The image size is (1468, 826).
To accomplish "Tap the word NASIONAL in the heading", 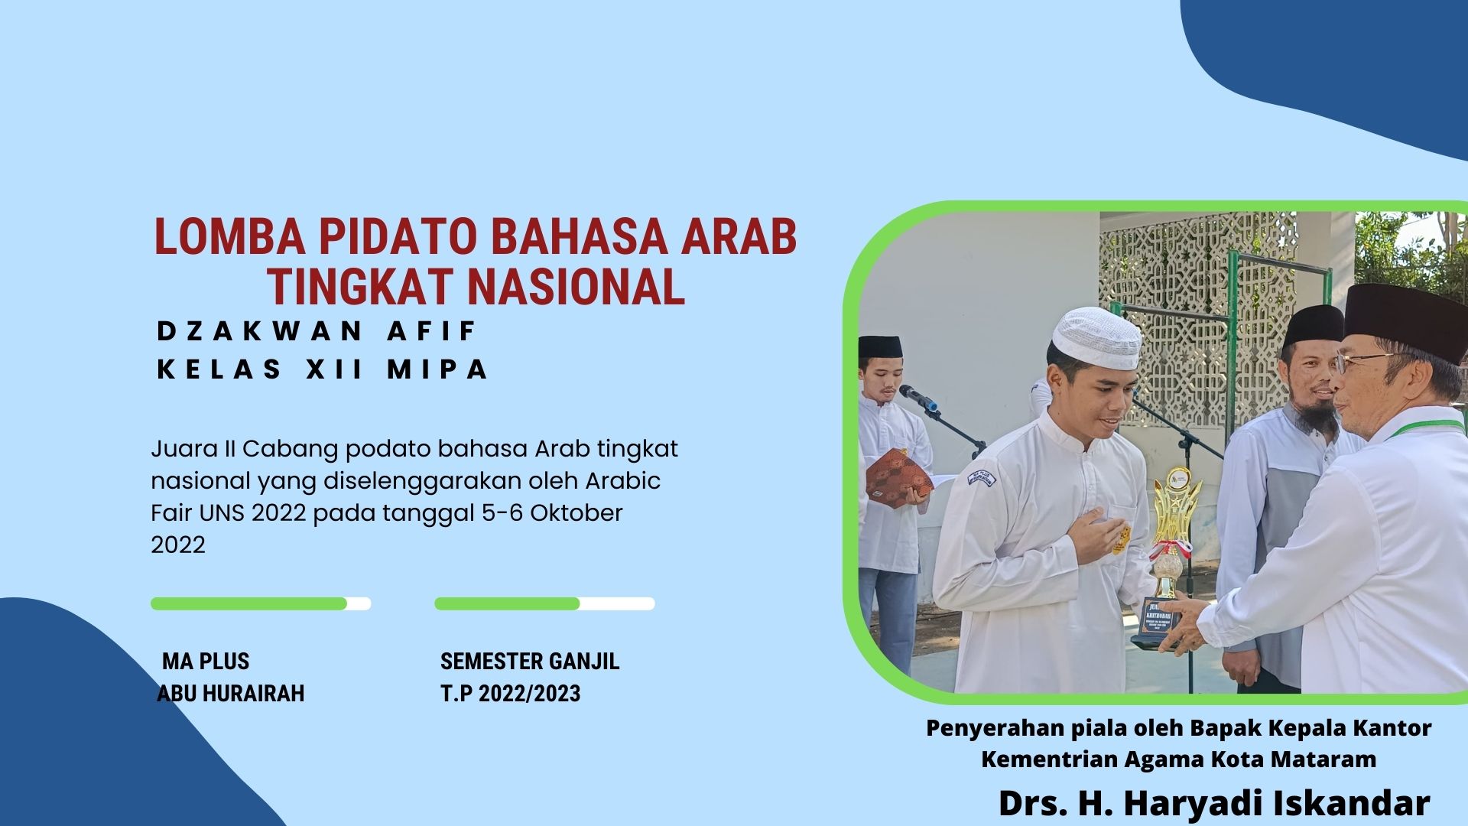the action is [575, 287].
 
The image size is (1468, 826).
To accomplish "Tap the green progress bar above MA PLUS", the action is [249, 603].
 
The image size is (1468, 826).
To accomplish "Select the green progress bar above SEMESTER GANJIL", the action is [508, 603].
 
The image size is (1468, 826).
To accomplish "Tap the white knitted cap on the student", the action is [1095, 337].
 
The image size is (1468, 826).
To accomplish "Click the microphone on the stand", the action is [918, 398].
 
